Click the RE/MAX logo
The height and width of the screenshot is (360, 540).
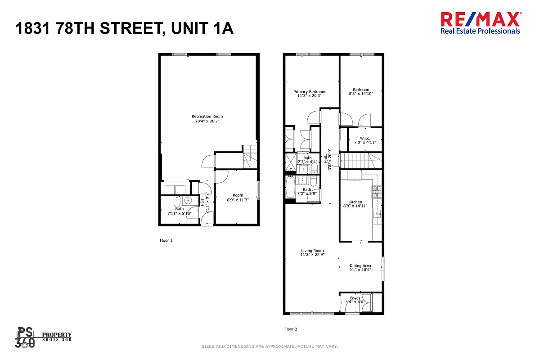coord(480,22)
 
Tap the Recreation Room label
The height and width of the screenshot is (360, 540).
coord(207,117)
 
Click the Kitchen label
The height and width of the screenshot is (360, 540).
coord(355,202)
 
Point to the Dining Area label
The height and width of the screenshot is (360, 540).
coord(360,266)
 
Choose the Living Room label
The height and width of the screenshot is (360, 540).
coord(312,251)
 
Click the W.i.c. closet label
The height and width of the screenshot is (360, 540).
coord(364,138)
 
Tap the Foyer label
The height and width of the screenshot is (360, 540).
coord(355,298)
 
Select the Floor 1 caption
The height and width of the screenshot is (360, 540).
coord(166,240)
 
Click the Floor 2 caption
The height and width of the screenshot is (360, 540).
coord(291,329)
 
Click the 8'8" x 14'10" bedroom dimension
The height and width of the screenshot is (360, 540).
coord(361,94)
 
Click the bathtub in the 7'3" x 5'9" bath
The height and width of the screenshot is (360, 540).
coord(291,187)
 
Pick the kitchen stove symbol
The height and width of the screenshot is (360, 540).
coord(376,192)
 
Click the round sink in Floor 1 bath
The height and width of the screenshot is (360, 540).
coord(188,201)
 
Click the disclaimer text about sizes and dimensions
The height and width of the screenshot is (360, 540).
coord(270,346)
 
